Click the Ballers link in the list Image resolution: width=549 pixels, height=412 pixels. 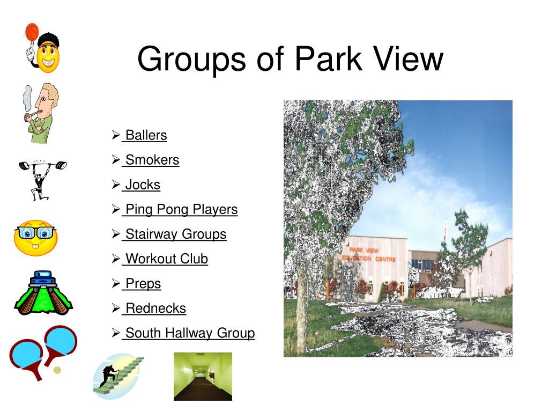[x=146, y=135]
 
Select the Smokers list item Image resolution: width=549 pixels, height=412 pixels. [x=152, y=160]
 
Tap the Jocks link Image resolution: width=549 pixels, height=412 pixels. [x=143, y=185]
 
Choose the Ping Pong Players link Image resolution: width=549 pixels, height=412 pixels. [x=181, y=210]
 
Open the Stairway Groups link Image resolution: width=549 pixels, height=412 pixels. [x=176, y=234]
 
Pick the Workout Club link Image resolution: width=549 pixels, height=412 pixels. [x=167, y=259]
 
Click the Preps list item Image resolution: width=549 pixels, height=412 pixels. [x=143, y=284]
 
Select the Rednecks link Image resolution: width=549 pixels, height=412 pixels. [x=155, y=308]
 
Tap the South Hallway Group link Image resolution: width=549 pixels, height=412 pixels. [x=190, y=333]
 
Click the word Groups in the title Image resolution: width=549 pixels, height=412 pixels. [x=192, y=60]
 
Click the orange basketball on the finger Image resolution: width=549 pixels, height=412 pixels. [x=32, y=32]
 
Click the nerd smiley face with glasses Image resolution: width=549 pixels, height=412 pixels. [x=35, y=238]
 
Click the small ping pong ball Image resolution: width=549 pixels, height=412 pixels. [x=57, y=370]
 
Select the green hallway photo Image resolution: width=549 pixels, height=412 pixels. [x=203, y=376]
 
